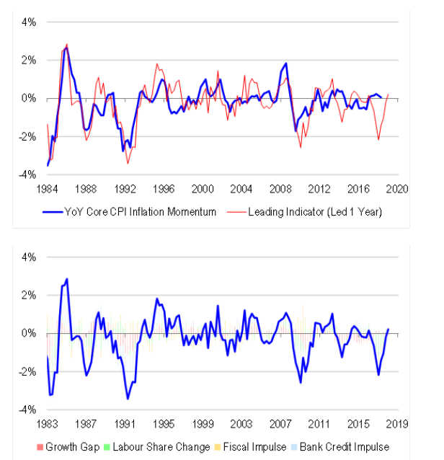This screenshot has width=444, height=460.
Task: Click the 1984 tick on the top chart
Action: (48, 187)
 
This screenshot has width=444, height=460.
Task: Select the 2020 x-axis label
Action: (397, 187)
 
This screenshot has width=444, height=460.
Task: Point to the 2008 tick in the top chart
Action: (280, 187)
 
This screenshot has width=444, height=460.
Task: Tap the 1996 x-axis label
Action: (164, 187)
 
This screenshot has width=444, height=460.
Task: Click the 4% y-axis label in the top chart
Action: (28, 22)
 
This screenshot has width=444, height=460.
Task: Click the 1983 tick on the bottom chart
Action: (48, 423)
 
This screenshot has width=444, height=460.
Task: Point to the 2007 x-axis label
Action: (280, 423)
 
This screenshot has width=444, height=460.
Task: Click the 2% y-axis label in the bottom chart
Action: (28, 295)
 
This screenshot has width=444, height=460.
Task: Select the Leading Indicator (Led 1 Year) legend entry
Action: (311, 212)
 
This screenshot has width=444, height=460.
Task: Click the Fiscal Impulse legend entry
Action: (252, 447)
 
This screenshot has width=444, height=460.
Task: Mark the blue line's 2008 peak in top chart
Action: (286, 63)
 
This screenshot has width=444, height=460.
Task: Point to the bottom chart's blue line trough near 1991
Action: (128, 398)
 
